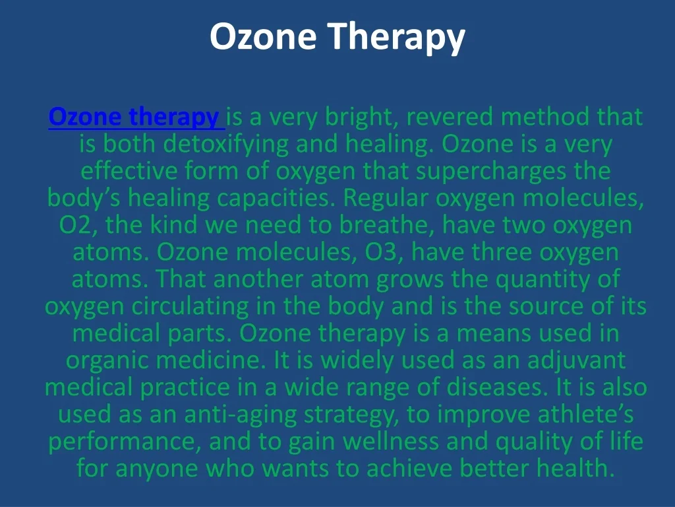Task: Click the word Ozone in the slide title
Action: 263,37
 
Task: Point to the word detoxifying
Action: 225,144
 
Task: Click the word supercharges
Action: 490,171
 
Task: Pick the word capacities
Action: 276,198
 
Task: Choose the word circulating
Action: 190,306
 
